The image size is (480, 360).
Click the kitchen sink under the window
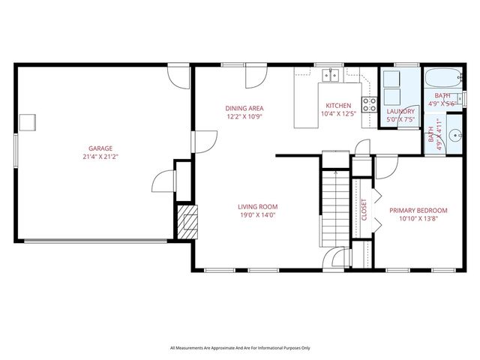click(x=331, y=74)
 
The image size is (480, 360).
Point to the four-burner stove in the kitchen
click(x=369, y=104)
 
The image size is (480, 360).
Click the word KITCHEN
click(x=337, y=106)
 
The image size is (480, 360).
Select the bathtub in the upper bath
click(x=440, y=79)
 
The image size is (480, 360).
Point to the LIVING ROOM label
click(x=258, y=207)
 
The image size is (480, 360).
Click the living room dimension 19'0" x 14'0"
click(x=258, y=216)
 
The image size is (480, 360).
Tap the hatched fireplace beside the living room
click(x=188, y=221)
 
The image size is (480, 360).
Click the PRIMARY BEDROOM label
click(x=418, y=211)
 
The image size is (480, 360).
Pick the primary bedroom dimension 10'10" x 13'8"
click(x=418, y=220)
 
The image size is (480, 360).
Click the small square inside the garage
click(x=28, y=121)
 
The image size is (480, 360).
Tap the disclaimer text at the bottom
click(x=239, y=348)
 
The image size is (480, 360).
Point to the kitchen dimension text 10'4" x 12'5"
click(x=337, y=115)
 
